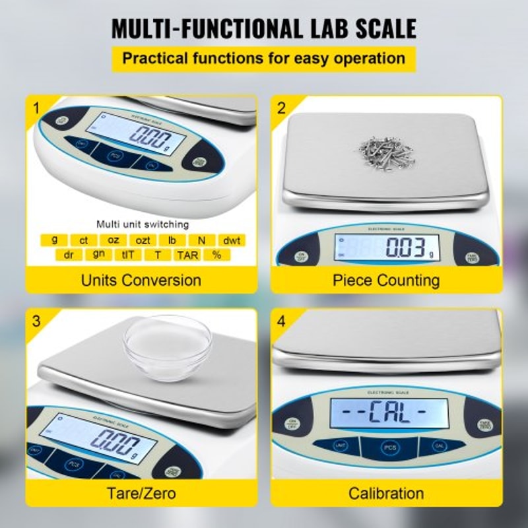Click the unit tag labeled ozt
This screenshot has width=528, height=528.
[143, 240]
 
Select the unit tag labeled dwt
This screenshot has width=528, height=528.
[231, 240]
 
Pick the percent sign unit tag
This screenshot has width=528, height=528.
[216, 255]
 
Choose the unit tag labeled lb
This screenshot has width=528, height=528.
[172, 240]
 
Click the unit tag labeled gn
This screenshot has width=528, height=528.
[98, 255]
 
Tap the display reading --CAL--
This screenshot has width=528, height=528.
[389, 414]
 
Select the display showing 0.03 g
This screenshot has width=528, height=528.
[387, 249]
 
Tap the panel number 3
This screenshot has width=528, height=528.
[36, 321]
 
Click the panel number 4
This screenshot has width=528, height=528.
[282, 321]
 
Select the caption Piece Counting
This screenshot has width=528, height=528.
[386, 280]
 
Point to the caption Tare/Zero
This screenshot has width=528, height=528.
[141, 492]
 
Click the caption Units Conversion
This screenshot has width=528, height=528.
[141, 280]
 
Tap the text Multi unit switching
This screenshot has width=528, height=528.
[143, 224]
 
